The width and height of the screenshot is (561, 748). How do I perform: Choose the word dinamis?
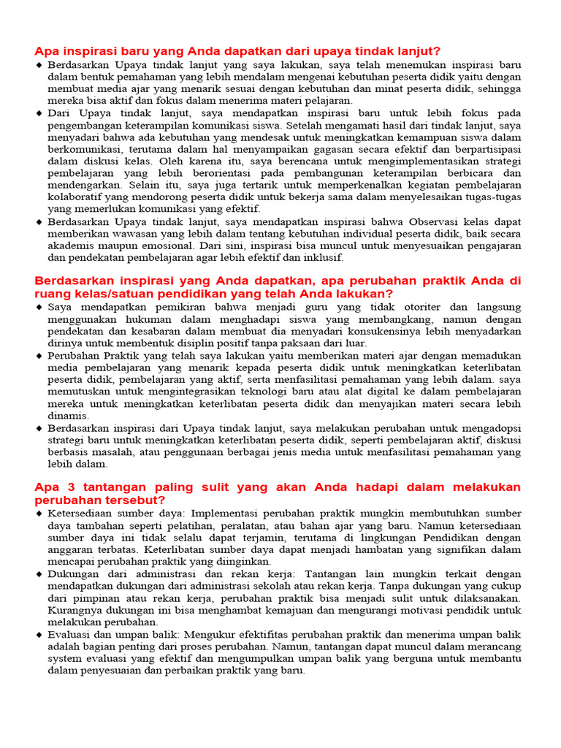[x=69, y=415]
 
